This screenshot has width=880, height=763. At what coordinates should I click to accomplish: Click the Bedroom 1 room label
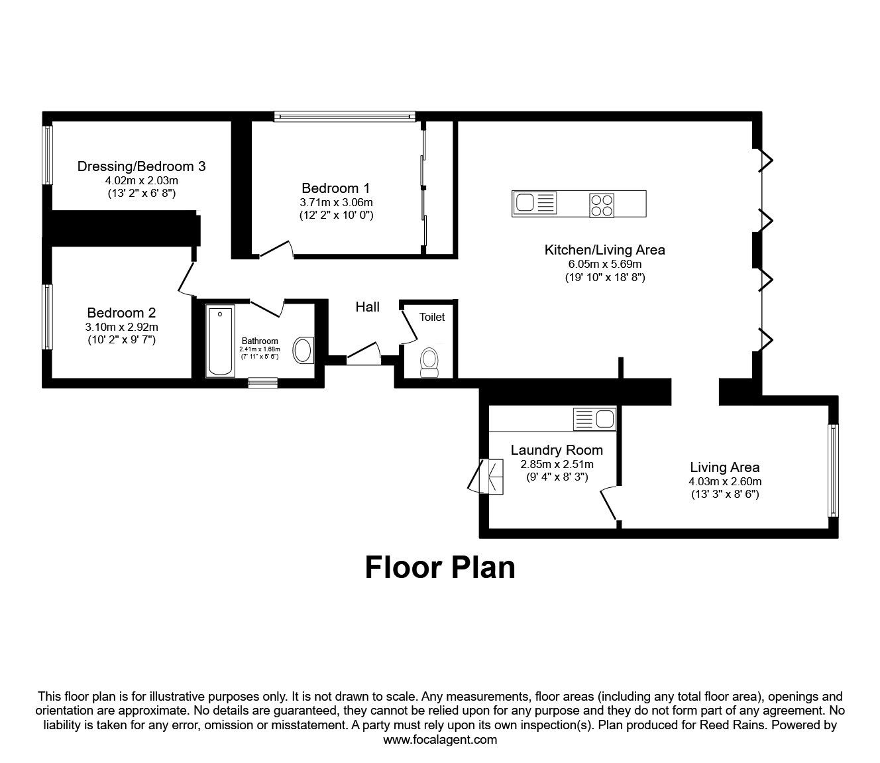336,188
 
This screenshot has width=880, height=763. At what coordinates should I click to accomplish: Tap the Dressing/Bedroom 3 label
141,166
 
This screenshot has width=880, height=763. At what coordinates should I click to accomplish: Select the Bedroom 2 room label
121,312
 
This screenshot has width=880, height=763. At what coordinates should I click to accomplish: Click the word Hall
367,306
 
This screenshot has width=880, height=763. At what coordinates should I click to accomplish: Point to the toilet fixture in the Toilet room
429,363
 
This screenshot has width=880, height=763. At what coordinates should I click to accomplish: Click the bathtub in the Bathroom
220,341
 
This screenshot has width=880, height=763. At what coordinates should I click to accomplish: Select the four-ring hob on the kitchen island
602,204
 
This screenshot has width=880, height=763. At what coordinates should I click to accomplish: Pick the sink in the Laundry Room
594,419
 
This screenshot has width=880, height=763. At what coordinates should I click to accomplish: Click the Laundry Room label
557,450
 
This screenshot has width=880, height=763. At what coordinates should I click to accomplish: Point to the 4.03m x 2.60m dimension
724,481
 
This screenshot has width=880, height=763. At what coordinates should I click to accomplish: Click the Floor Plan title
440,567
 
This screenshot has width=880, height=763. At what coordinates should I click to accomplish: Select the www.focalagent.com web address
440,740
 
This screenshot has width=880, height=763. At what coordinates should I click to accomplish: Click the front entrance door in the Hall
362,355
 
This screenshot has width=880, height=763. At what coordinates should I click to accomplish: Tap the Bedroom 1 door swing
276,249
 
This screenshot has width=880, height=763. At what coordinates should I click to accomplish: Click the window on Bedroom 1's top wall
345,116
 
